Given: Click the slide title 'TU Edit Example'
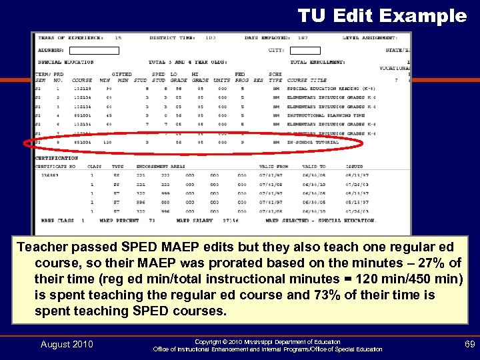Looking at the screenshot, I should [382, 15].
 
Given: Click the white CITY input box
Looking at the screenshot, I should [305, 50].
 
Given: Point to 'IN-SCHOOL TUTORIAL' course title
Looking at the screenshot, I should [313, 142].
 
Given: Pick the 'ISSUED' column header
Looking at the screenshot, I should [355, 166].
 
